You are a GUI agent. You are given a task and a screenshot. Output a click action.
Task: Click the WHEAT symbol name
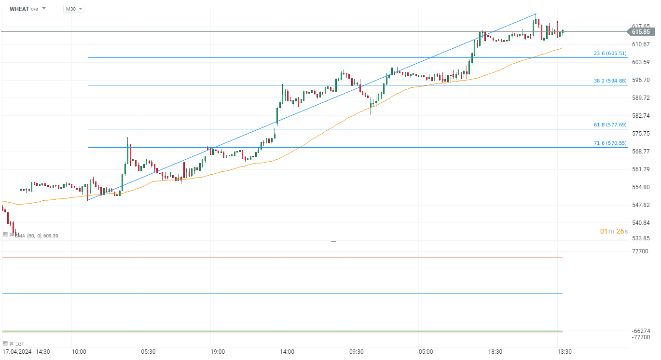[19, 9]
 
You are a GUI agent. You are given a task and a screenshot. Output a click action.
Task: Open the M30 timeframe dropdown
[73, 9]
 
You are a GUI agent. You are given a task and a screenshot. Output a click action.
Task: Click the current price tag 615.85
[640, 32]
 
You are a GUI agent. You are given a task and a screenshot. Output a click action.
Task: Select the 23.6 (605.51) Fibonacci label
[610, 54]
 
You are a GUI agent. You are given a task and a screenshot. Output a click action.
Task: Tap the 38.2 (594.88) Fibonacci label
[610, 81]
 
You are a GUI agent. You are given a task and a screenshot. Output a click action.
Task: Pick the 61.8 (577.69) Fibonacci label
[610, 125]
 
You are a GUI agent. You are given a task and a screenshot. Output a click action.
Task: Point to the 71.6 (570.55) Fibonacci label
[610, 143]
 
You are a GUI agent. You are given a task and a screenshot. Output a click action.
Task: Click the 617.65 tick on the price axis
[640, 26]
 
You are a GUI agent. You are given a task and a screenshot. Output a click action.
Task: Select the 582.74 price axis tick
[640, 116]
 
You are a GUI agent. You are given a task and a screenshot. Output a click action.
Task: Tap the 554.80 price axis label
[640, 187]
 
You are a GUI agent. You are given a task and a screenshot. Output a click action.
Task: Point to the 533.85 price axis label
[640, 238]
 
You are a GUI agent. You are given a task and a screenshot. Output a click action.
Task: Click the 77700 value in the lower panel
[640, 251]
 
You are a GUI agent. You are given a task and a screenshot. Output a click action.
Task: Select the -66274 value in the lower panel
[640, 331]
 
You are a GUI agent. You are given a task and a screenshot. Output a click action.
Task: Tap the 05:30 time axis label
[148, 352]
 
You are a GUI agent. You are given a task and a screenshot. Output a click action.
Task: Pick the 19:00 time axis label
[217, 352]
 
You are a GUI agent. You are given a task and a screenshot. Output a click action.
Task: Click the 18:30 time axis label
[495, 352]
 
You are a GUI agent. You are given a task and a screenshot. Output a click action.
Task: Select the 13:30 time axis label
[565, 352]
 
